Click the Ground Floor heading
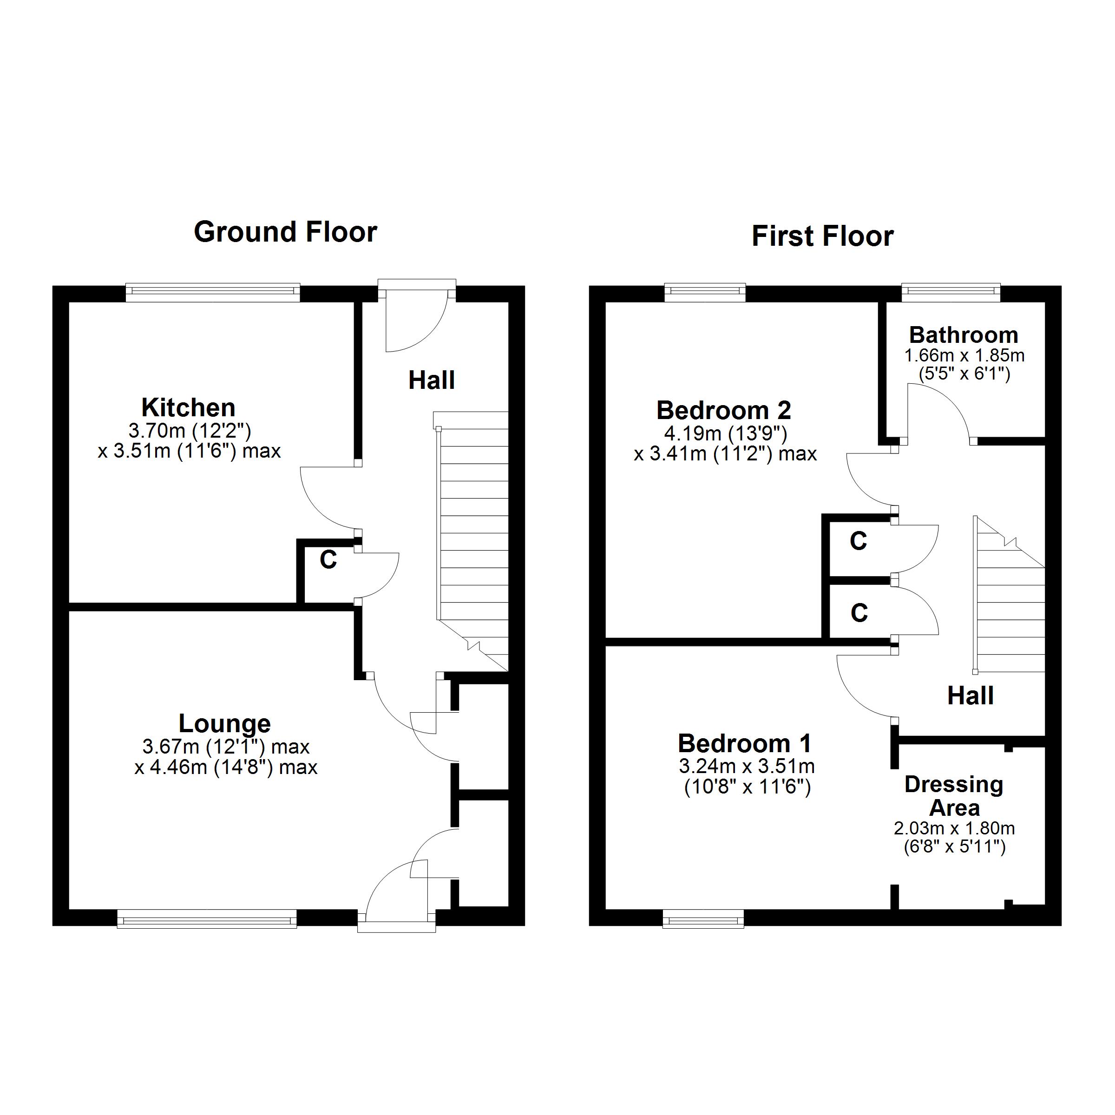(285, 232)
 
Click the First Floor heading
(822, 236)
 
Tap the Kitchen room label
(189, 407)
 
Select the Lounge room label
(224, 723)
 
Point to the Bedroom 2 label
(724, 410)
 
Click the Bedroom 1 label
(745, 743)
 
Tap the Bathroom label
(964, 334)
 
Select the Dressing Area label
(954, 796)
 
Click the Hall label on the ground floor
(432, 380)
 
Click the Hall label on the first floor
(971, 696)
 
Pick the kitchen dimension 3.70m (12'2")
(190, 431)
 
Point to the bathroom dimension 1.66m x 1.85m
(964, 355)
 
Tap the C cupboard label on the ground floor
(328, 559)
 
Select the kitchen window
(213, 292)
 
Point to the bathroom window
(951, 292)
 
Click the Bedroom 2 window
(705, 292)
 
